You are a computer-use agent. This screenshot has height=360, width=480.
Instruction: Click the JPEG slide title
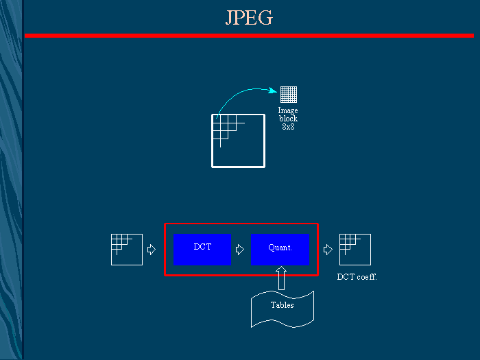[x=249, y=18]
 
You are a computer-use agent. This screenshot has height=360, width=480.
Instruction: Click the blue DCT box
[x=202, y=250]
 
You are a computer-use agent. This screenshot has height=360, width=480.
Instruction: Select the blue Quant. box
[x=280, y=250]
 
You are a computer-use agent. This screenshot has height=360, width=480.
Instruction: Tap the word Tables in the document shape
[x=282, y=305]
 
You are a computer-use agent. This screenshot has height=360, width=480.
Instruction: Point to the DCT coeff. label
[x=357, y=277]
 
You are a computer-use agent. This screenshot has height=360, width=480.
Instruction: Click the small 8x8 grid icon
[x=289, y=95]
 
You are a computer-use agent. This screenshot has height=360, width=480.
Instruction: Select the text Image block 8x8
[x=288, y=119]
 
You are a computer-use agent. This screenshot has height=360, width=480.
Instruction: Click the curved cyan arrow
[x=240, y=94]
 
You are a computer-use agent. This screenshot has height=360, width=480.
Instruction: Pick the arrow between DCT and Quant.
[x=240, y=250]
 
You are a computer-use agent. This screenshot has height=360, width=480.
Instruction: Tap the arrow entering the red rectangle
[x=152, y=250]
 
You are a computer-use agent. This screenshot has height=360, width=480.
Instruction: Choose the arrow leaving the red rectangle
[x=328, y=250]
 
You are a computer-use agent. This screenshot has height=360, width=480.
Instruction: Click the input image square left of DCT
[x=127, y=250]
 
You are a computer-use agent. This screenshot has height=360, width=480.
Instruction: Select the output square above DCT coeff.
[x=355, y=250]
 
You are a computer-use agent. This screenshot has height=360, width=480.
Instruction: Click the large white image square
[x=239, y=141]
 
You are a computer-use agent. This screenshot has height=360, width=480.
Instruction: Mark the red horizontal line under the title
[x=249, y=36]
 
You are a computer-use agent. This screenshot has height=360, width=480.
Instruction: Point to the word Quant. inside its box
[x=280, y=248]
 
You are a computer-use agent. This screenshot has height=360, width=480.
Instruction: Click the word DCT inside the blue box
[x=202, y=246]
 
